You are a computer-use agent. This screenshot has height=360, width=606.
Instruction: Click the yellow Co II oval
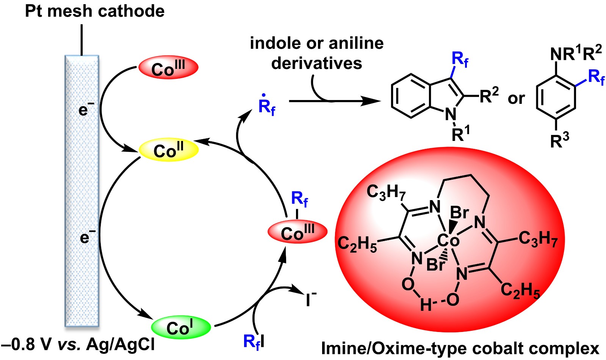[x=169, y=150]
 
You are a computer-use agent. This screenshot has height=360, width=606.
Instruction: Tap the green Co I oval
[x=181, y=327]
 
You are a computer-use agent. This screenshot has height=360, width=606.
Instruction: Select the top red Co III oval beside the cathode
[x=168, y=67]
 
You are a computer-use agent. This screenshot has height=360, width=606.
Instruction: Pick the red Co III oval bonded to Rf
[x=298, y=232]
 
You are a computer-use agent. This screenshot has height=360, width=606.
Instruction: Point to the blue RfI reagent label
[x=254, y=341]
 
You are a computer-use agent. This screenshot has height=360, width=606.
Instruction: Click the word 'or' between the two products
[x=516, y=99]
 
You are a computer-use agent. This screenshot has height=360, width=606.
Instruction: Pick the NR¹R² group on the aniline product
[x=576, y=53]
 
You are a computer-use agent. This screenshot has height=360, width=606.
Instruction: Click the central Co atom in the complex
[x=448, y=240]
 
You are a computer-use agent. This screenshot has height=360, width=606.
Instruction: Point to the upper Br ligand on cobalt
[x=459, y=213]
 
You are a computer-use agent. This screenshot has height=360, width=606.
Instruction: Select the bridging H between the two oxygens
[x=426, y=305]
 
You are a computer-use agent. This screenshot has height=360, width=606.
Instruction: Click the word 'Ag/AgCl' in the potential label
[x=120, y=345]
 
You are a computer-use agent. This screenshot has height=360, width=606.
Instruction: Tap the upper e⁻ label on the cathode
[x=86, y=110]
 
